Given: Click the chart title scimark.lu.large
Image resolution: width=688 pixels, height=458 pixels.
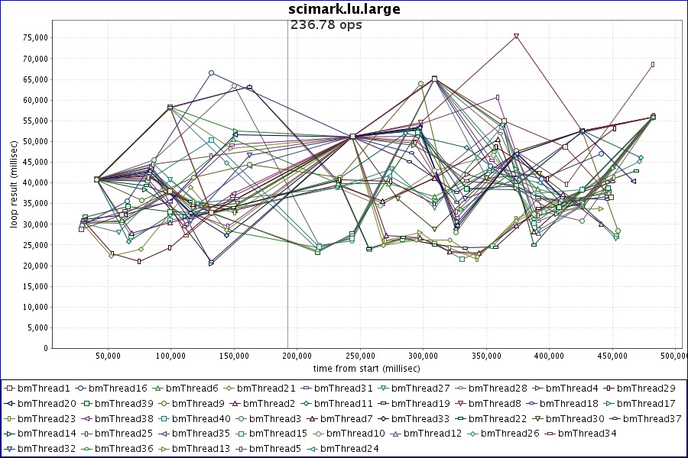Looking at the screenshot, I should [x=344, y=9].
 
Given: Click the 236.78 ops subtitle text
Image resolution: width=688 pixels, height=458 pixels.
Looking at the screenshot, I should [x=326, y=25].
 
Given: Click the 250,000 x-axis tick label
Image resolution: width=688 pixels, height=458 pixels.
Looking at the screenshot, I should [x=360, y=356].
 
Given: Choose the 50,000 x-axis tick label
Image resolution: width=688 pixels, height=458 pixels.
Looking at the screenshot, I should [x=109, y=356].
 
